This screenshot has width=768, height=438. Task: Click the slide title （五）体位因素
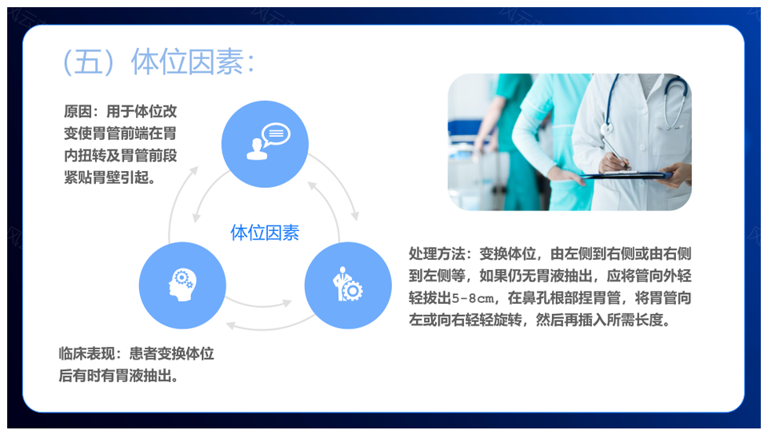tap(159, 62)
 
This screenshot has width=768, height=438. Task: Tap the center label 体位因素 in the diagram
tap(265, 233)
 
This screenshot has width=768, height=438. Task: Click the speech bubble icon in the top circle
tap(276, 134)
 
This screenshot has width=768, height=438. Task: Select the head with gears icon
tap(182, 285)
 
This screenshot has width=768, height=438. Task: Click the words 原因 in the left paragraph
tap(78, 112)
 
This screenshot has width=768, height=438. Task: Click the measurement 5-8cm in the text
tap(473, 298)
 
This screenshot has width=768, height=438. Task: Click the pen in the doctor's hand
tap(616, 154)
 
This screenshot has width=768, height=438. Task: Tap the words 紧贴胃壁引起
tap(106, 177)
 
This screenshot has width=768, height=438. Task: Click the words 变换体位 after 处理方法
tap(507, 253)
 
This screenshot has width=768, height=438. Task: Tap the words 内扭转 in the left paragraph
tap(85, 156)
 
